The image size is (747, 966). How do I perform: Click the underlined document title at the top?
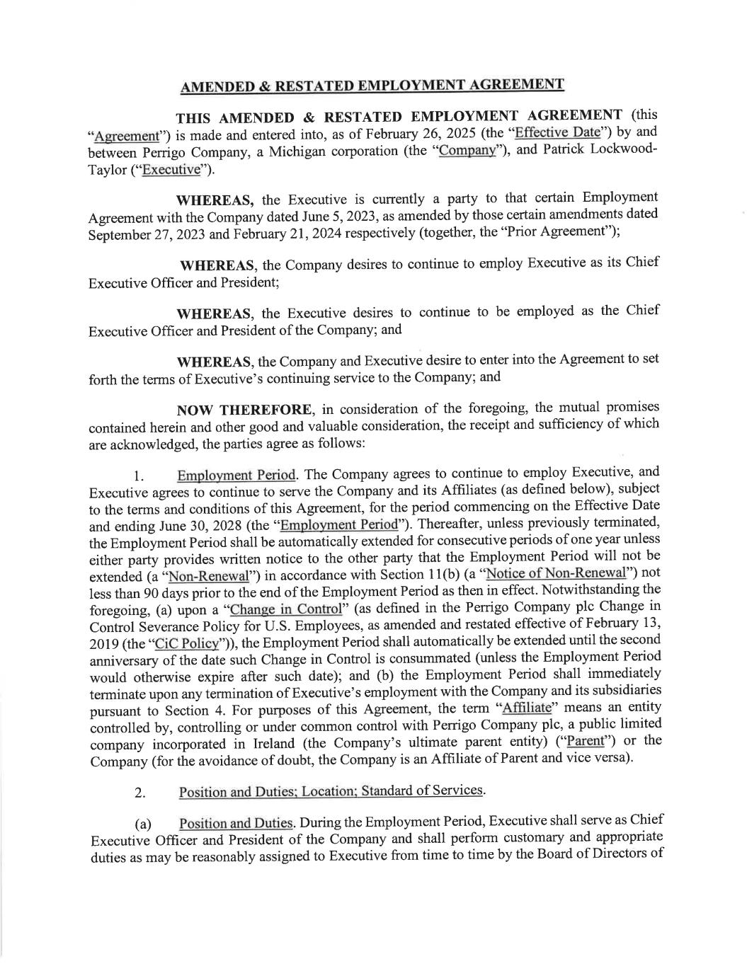point(372,86)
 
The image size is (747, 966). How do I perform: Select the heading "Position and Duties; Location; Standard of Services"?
point(331,791)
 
